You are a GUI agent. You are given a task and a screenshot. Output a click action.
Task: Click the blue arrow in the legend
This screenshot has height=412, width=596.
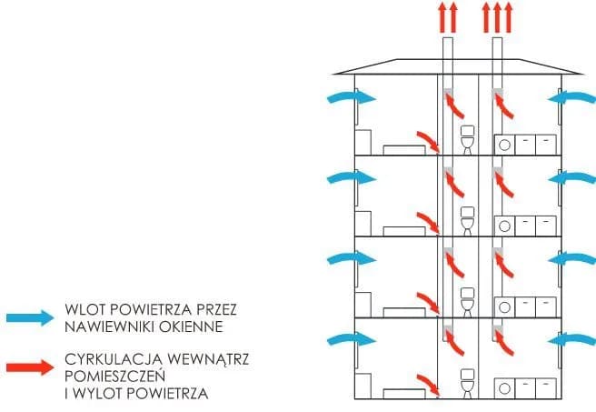tap(31, 317)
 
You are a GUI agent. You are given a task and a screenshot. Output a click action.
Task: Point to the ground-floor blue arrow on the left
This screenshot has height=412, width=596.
tap(349, 339)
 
